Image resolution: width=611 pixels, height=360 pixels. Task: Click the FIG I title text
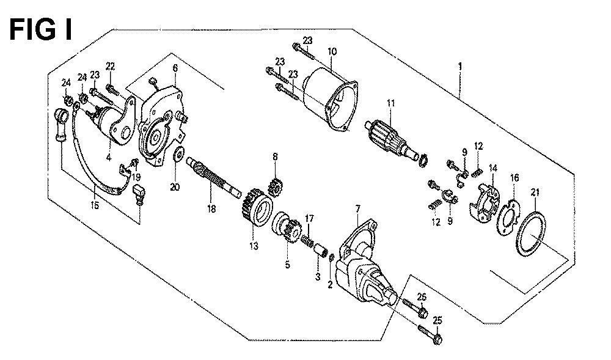point(40,30)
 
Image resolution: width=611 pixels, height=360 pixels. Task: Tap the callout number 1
point(460,66)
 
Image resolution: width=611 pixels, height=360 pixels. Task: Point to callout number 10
point(332,51)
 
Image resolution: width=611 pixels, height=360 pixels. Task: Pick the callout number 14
point(493,168)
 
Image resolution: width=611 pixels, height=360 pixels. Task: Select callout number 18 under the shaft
point(211,209)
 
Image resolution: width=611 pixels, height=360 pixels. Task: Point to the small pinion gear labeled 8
point(276,186)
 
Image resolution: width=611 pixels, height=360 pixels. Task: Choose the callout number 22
point(110,66)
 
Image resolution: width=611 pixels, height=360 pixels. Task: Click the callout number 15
point(95,205)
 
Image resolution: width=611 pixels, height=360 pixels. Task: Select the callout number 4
point(109,158)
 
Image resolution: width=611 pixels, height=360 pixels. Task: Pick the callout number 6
point(175,67)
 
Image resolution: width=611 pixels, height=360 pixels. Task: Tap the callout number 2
point(330,285)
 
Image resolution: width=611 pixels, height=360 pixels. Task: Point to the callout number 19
point(136,177)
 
